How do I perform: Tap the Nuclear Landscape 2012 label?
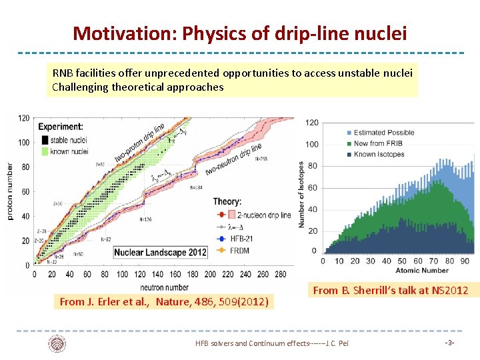tap(160, 252)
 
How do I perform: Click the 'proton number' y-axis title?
tap(9, 191)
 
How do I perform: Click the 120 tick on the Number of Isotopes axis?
tap(312, 123)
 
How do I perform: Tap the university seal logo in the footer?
tap(57, 343)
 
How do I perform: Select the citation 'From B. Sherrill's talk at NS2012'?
tap(391, 290)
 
